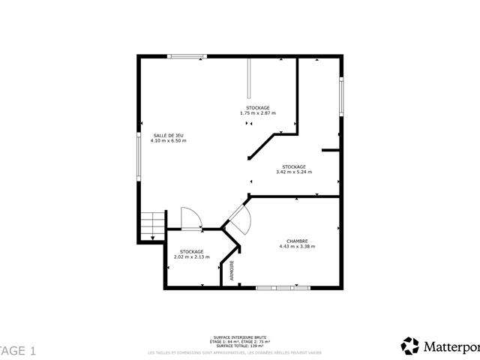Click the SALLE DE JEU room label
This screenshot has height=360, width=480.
click(168, 136)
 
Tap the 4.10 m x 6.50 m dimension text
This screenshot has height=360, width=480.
click(168, 141)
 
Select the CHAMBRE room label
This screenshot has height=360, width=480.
click(297, 241)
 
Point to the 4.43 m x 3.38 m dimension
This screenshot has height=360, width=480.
click(297, 246)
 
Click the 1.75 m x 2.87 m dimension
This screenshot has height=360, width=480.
click(258, 113)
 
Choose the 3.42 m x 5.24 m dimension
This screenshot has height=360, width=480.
click(294, 172)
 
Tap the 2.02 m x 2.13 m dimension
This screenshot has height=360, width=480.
click(191, 257)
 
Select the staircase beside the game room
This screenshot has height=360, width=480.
click(152, 226)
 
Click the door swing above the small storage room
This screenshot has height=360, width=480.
click(190, 217)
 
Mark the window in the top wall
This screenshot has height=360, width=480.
click(187, 55)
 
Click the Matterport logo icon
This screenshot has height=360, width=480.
click(410, 346)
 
